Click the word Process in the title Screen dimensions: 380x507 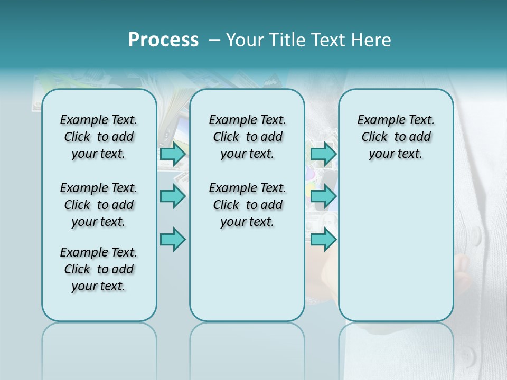(x=163, y=40)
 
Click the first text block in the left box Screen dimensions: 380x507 (x=99, y=137)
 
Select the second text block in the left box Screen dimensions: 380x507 (x=99, y=205)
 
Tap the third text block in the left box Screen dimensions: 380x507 (x=99, y=269)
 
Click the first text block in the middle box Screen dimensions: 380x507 (x=247, y=137)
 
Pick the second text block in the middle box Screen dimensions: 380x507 (x=247, y=205)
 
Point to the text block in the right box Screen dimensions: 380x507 (x=396, y=137)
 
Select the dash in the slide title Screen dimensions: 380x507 (x=214, y=40)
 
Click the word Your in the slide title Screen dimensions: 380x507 (x=246, y=40)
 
